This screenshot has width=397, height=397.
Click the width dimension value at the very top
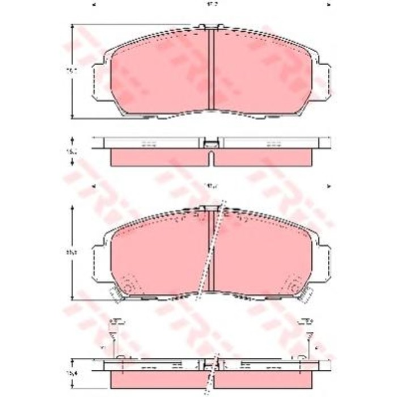(211, 5)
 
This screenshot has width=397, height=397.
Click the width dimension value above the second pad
(211, 185)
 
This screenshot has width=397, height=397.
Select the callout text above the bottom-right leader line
(307, 321)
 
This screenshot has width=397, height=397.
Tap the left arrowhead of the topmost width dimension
(93, 5)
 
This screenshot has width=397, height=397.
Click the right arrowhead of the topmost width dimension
(329, 5)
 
